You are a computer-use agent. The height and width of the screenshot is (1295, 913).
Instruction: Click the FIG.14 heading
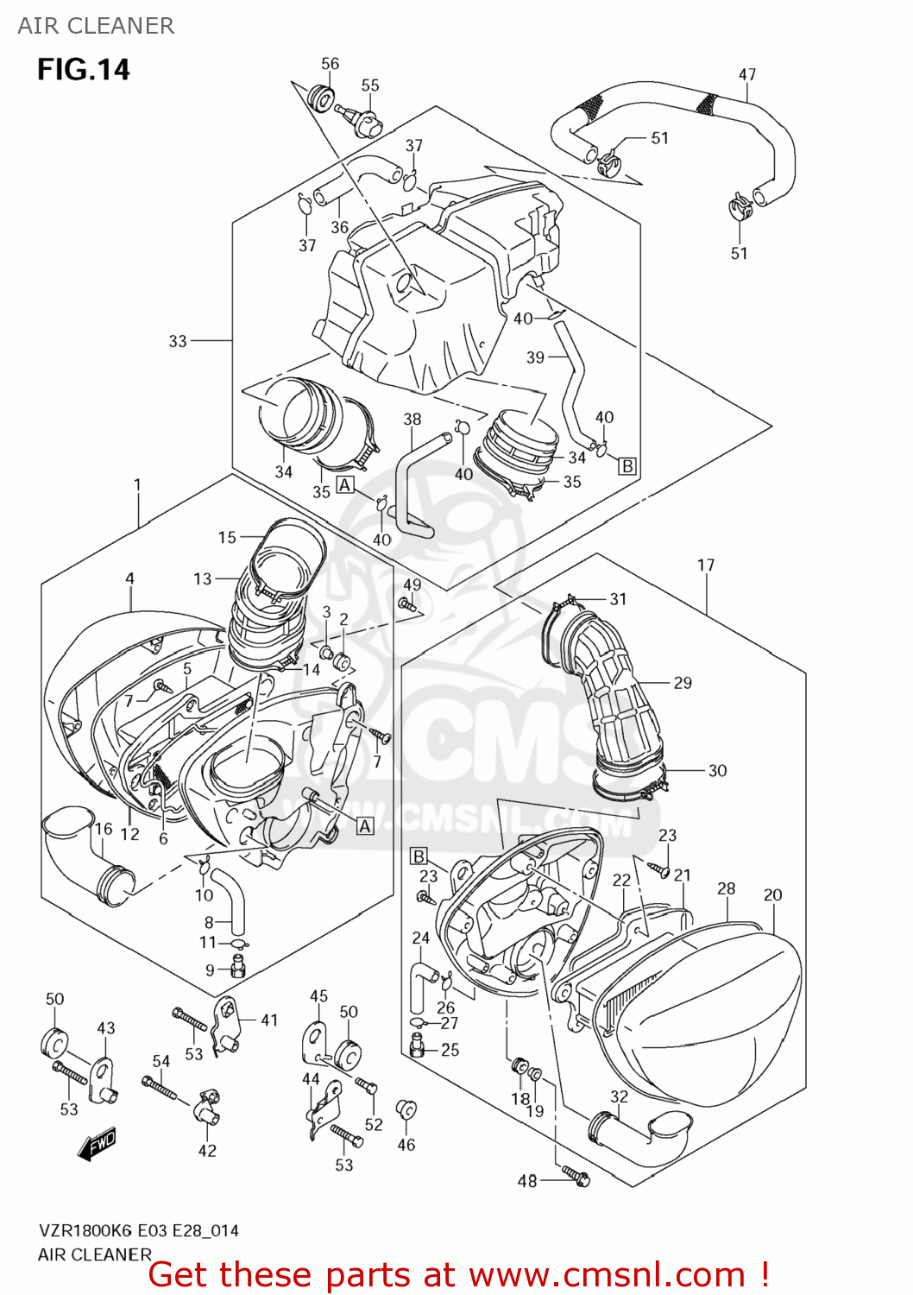click(83, 69)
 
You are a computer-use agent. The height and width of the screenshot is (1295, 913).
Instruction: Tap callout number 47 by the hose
click(747, 75)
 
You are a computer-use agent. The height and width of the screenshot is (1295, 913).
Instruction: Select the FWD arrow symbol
click(96, 1144)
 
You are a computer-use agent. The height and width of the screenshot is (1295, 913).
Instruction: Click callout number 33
click(178, 341)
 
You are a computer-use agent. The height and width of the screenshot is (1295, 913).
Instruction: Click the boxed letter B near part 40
click(627, 466)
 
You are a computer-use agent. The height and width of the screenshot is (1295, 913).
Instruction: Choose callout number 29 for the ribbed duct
click(683, 683)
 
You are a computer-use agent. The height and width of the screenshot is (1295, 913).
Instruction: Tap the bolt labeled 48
click(576, 1174)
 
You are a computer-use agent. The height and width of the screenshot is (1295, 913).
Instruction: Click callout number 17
click(706, 565)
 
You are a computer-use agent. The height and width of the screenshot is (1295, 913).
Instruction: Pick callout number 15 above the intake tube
click(227, 538)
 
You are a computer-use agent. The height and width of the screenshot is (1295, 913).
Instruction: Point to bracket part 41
click(227, 1025)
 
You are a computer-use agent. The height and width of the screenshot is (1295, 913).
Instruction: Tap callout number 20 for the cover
click(772, 895)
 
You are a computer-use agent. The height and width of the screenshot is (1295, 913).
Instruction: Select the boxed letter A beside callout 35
click(345, 485)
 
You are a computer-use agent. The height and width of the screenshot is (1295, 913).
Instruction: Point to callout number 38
click(412, 420)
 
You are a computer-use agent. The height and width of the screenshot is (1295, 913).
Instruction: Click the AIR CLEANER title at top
click(96, 26)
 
